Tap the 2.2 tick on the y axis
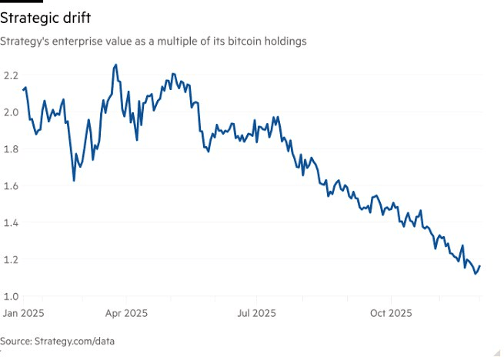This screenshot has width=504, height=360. (10, 75)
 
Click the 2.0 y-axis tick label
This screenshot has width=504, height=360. (10, 112)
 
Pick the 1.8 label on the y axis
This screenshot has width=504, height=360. (10, 149)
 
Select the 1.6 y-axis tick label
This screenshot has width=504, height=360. (10, 186)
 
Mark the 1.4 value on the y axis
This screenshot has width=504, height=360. (10, 223)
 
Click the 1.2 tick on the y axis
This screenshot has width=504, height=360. (10, 260)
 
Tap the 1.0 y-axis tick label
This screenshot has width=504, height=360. (10, 297)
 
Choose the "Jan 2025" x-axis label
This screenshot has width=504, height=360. (23, 314)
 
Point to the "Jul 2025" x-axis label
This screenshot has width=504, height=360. (256, 314)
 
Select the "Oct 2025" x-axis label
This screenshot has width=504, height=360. (391, 314)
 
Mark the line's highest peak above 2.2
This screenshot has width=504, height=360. (115, 65)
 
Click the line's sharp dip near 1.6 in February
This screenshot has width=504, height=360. (74, 180)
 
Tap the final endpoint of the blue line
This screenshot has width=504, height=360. (480, 266)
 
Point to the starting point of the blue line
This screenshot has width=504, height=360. (23, 90)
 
